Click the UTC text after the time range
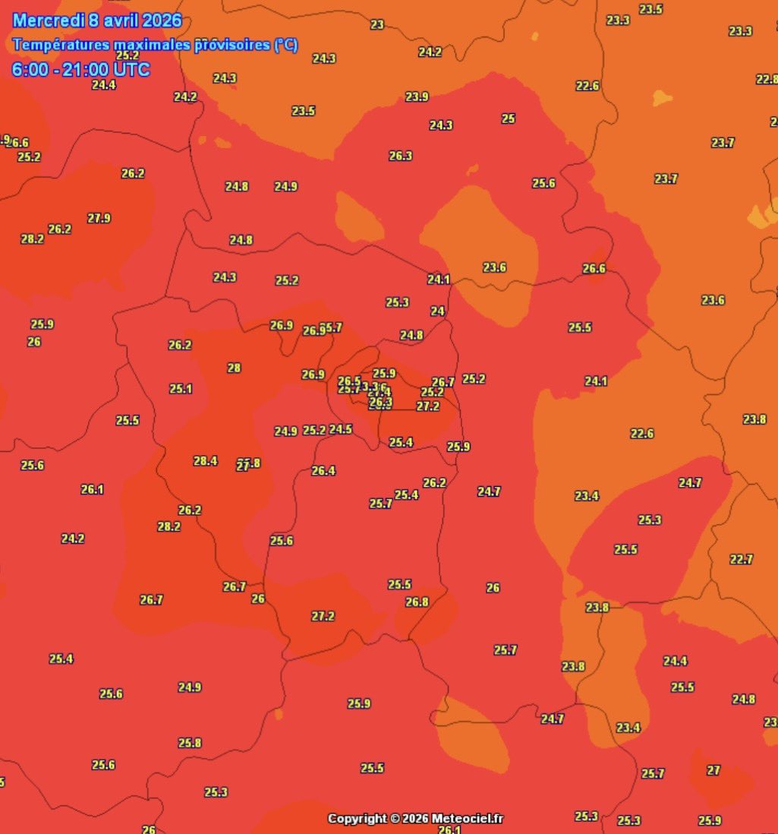pyautogui.click(x=132, y=70)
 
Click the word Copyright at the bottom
pyautogui.click(x=357, y=819)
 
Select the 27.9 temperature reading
pyautogui.click(x=99, y=218)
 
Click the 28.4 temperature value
pyautogui.click(x=205, y=461)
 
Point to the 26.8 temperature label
pyautogui.click(x=417, y=602)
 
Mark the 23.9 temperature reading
pyautogui.click(x=417, y=96)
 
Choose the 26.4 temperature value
pyautogui.click(x=323, y=471)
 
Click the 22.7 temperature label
pyautogui.click(x=741, y=559)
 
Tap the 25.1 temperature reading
pyautogui.click(x=181, y=389)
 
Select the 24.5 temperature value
pyautogui.click(x=341, y=429)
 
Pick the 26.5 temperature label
pyautogui.click(x=349, y=381)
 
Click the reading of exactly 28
pyautogui.click(x=234, y=368)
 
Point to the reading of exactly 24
pyautogui.click(x=437, y=311)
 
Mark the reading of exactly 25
pyautogui.click(x=509, y=118)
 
